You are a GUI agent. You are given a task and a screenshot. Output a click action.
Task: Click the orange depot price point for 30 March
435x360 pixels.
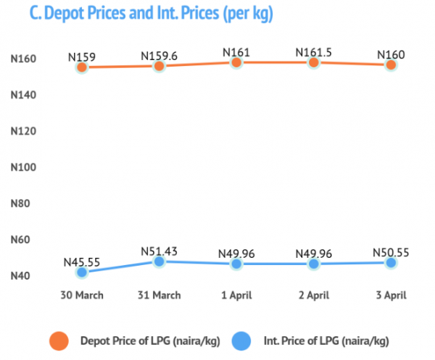pyautogui.click(x=82, y=67)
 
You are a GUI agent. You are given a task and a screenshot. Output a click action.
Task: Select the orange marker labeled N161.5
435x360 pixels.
pyautogui.click(x=314, y=62)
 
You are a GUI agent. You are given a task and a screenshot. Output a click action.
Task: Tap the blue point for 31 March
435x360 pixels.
pyautogui.click(x=159, y=261)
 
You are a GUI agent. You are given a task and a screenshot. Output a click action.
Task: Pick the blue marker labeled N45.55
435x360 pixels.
pyautogui.click(x=82, y=272)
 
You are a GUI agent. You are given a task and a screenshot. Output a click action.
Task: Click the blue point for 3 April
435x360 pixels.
pyautogui.click(x=391, y=262)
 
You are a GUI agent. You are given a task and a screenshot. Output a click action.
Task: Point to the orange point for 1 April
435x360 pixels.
pyautogui.click(x=236, y=62)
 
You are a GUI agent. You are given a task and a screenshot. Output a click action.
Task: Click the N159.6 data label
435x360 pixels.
pyautogui.click(x=159, y=56)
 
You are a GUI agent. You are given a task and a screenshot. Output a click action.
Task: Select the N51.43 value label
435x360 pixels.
pyautogui.click(x=159, y=251)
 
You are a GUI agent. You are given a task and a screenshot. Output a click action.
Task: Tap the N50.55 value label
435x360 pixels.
pyautogui.click(x=391, y=253)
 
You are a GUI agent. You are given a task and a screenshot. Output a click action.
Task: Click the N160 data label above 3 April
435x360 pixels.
pyautogui.click(x=391, y=54)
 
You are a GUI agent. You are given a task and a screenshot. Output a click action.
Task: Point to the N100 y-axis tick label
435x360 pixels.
pyautogui.click(x=23, y=167)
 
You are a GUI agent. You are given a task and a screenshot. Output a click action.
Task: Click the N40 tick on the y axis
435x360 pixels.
pyautogui.click(x=20, y=276)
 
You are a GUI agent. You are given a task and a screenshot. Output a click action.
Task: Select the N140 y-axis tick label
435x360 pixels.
pyautogui.click(x=23, y=95)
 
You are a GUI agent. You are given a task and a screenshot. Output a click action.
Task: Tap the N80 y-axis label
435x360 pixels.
pyautogui.click(x=20, y=204)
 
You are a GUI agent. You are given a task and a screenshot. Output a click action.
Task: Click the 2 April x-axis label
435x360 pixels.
pyautogui.click(x=314, y=296)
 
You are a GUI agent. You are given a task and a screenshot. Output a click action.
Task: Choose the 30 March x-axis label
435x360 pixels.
pyautogui.click(x=82, y=295)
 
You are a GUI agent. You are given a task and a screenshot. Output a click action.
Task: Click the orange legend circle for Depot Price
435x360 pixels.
pyautogui.click(x=59, y=341)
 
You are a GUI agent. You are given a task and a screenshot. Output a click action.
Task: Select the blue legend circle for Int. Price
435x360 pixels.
pyautogui.click(x=241, y=341)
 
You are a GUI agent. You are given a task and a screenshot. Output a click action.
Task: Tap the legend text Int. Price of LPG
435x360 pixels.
pyautogui.click(x=302, y=341)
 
